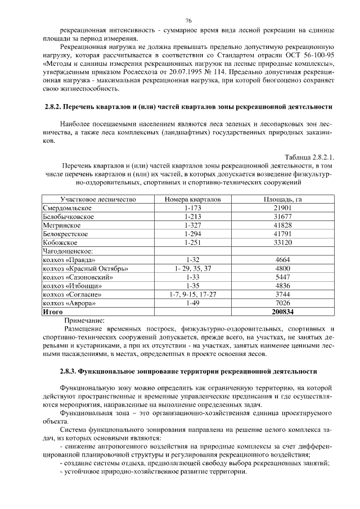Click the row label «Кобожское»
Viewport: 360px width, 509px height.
(x=60, y=242)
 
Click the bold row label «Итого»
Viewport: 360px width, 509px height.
(x=53, y=311)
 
